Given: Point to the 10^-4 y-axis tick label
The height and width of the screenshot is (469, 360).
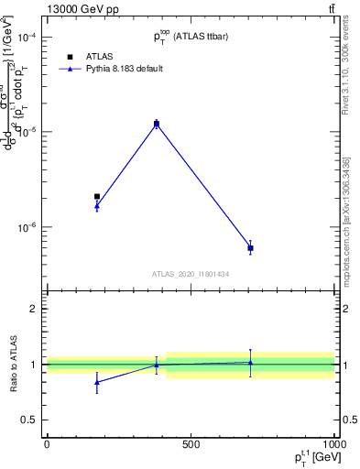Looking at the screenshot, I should click(23, 38).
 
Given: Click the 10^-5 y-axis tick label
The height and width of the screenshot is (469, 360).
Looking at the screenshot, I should click(23, 132).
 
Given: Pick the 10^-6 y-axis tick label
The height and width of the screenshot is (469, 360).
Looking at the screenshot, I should click(23, 226).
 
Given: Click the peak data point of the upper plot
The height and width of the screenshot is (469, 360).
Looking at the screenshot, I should click(157, 123).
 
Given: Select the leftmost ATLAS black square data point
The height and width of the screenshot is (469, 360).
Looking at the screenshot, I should click(97, 196).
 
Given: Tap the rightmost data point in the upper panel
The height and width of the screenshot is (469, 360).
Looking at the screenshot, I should click(250, 248).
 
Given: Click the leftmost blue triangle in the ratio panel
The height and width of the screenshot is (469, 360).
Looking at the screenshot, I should click(97, 382).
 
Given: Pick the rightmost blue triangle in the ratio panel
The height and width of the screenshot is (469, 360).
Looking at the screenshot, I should click(250, 363).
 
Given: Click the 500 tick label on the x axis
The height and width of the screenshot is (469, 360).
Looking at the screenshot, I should click(191, 445).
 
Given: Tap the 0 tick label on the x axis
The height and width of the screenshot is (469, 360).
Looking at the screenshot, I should click(47, 445).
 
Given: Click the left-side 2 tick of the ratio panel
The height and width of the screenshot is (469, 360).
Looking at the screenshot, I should click(35, 310).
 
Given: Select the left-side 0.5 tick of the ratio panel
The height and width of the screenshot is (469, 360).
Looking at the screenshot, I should click(31, 420).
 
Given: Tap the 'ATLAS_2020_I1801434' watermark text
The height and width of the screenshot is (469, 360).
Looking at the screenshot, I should click(191, 273).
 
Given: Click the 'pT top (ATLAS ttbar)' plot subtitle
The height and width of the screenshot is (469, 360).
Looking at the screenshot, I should click(191, 36).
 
